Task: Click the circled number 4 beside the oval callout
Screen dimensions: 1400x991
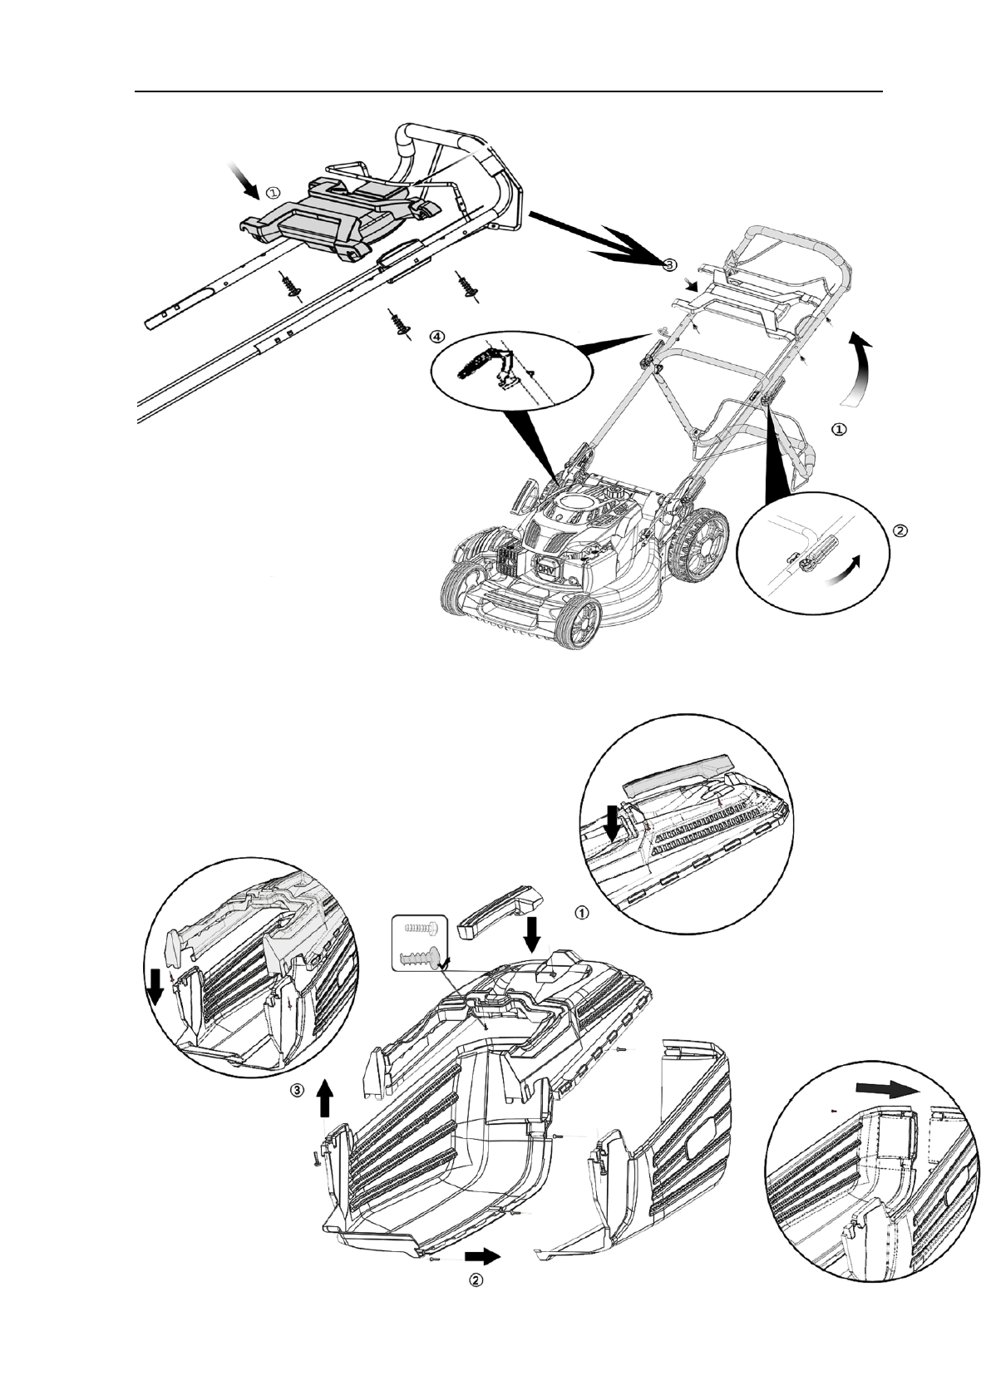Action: point(437,337)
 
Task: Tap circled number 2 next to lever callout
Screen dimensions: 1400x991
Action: point(899,530)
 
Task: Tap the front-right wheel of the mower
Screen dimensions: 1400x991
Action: point(580,623)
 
